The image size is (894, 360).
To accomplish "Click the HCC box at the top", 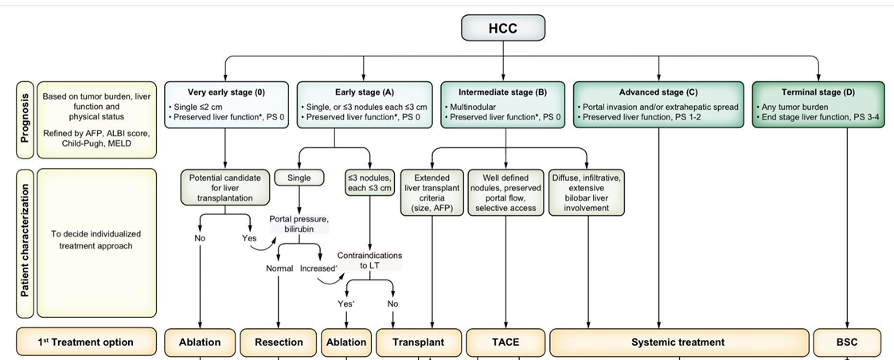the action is click(503, 28).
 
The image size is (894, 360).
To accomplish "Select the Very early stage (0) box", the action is click(226, 104).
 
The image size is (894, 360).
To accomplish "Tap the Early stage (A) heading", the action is click(365, 92).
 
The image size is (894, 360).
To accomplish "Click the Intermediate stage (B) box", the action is click(503, 104).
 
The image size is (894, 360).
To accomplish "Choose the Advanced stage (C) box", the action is click(658, 104).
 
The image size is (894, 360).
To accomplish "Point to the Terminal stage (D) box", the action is click(818, 104).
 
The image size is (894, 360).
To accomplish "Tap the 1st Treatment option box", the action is click(85, 342).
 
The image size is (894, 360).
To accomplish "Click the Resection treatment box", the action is click(279, 342).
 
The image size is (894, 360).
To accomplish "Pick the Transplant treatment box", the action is click(418, 342).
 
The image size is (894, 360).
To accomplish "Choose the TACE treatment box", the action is click(506, 342).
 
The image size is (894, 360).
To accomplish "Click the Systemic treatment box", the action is click(678, 342).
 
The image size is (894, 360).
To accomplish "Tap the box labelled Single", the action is click(299, 178).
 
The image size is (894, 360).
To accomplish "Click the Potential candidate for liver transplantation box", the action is click(225, 187).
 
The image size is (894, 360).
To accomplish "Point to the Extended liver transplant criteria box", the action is click(431, 193).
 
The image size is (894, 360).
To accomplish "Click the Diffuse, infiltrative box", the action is click(587, 193).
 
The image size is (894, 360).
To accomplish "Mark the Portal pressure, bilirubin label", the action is click(299, 225).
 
